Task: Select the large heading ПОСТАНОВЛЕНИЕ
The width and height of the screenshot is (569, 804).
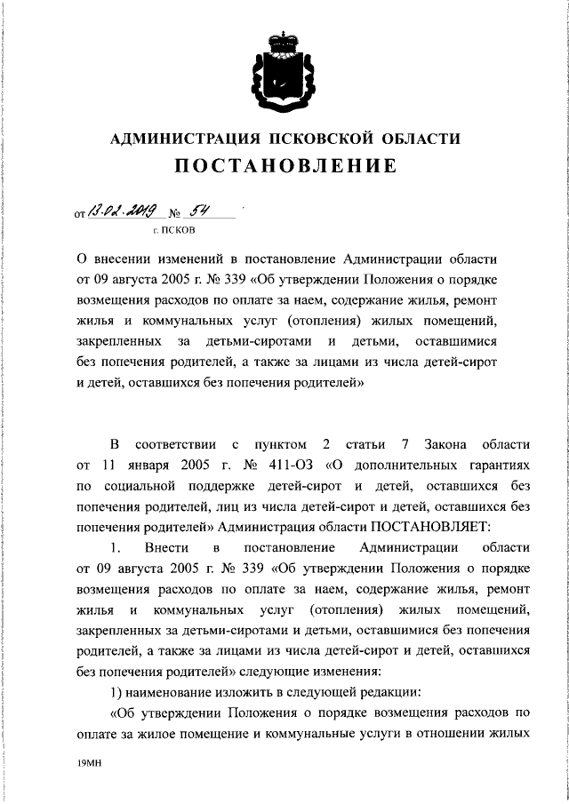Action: coord(284,166)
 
